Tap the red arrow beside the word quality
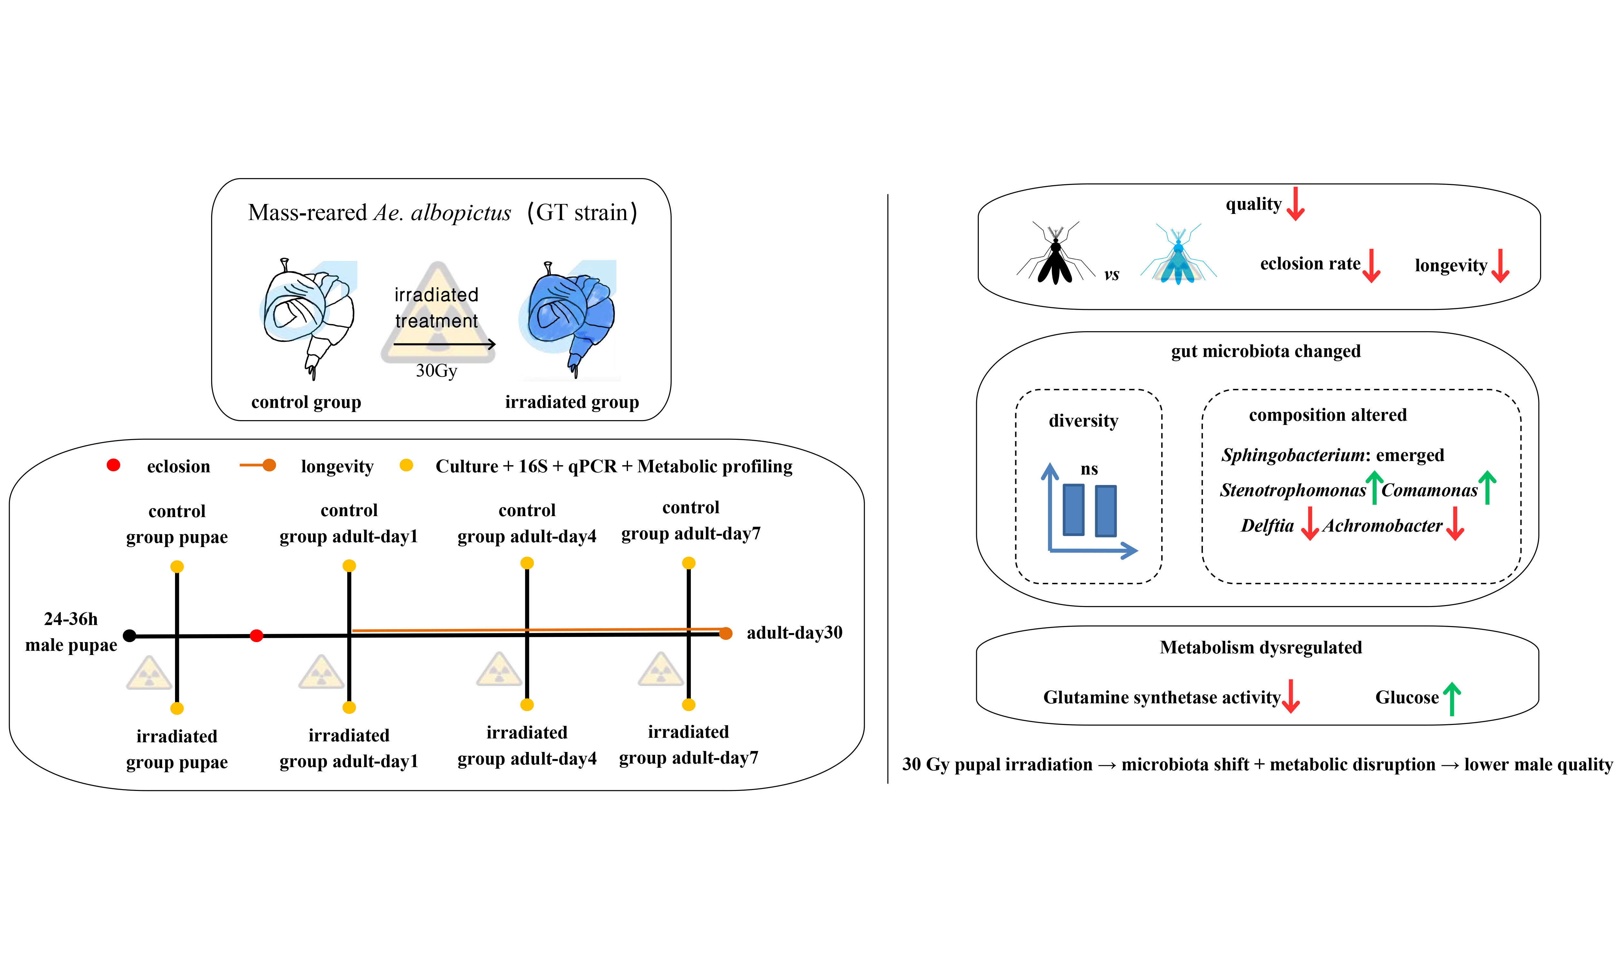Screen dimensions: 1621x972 pos(1295,204)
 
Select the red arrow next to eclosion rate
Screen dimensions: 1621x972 pos(1371,265)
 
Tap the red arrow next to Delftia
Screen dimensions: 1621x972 pos(1309,523)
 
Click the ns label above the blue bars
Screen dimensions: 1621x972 pos(1089,469)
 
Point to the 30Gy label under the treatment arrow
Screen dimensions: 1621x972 pos(437,371)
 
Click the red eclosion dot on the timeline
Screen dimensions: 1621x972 pos(256,635)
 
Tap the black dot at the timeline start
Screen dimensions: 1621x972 pos(130,635)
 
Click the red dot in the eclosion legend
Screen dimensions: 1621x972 pos(113,465)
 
